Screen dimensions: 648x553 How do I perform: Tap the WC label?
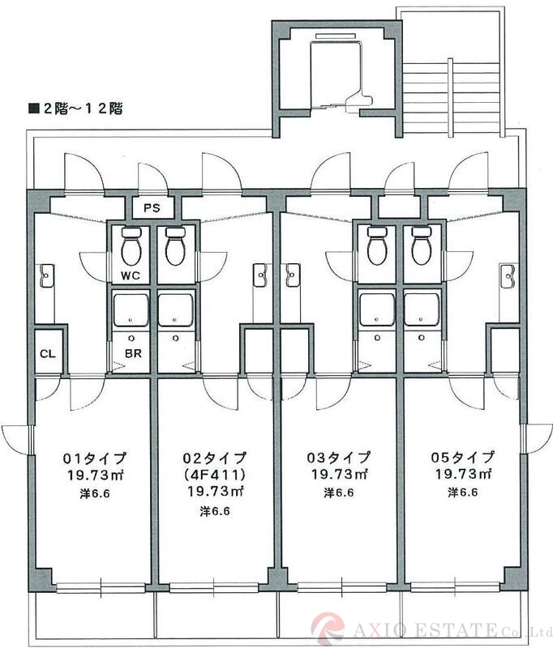pos(131,276)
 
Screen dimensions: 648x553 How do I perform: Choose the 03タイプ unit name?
pos(340,458)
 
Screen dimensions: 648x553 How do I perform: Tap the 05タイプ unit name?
pos(463,458)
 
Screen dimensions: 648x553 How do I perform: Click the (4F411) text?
pos(215,475)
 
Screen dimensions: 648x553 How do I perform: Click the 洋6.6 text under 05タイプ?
pos(463,492)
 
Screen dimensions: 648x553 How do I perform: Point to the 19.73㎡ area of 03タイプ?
pos(340,474)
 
